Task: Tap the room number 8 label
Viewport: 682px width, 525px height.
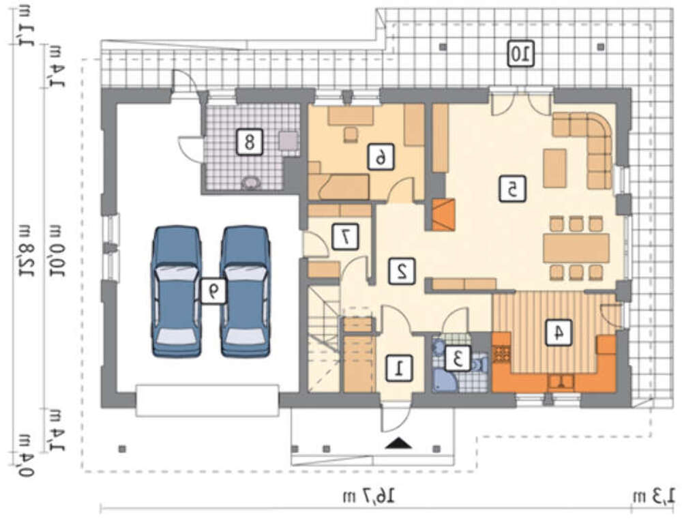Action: click(250, 141)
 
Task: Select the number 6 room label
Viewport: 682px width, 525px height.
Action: click(381, 157)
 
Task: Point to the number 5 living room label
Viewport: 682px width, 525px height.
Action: click(512, 188)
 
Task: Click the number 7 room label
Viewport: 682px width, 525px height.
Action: click(345, 236)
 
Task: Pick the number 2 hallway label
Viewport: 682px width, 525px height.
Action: click(402, 271)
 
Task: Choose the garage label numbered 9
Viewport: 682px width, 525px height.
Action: click(213, 291)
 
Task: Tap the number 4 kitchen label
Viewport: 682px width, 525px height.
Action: click(559, 333)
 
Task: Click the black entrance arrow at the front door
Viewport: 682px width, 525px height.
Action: click(398, 443)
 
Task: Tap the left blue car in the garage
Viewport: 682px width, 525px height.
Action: click(176, 291)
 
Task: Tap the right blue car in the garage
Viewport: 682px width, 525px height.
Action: click(246, 291)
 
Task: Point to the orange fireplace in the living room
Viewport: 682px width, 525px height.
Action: click(444, 214)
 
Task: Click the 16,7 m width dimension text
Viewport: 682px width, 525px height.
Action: click(369, 496)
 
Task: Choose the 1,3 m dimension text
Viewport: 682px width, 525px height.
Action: click(654, 496)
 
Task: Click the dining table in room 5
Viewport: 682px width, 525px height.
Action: click(576, 248)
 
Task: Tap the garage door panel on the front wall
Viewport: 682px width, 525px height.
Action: click(207, 400)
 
